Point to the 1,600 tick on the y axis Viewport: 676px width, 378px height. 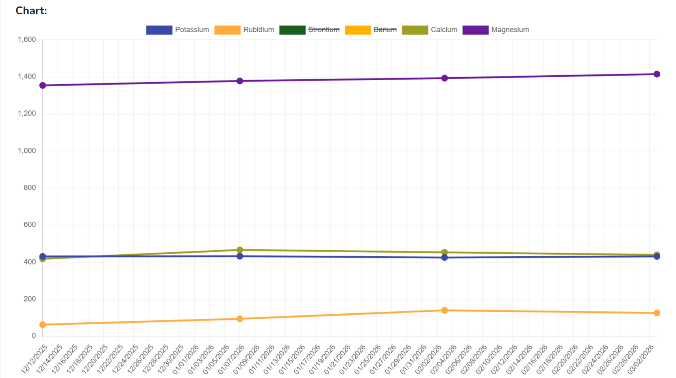(27, 39)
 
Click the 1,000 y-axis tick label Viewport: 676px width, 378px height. (27, 151)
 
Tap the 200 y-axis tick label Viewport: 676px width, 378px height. (30, 299)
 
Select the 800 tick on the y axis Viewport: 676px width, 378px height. (30, 188)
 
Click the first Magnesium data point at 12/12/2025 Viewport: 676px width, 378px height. (43, 85)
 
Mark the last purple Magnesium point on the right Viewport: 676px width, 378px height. (657, 74)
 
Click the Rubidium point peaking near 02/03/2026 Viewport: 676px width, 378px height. (445, 310)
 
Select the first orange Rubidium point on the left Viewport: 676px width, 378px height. (43, 325)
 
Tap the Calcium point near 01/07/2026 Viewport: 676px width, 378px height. (240, 250)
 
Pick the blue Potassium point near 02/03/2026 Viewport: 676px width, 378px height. (445, 258)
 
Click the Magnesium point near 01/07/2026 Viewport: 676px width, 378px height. (240, 81)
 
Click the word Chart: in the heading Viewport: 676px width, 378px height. (31, 11)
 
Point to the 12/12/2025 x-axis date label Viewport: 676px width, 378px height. (35, 359)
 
